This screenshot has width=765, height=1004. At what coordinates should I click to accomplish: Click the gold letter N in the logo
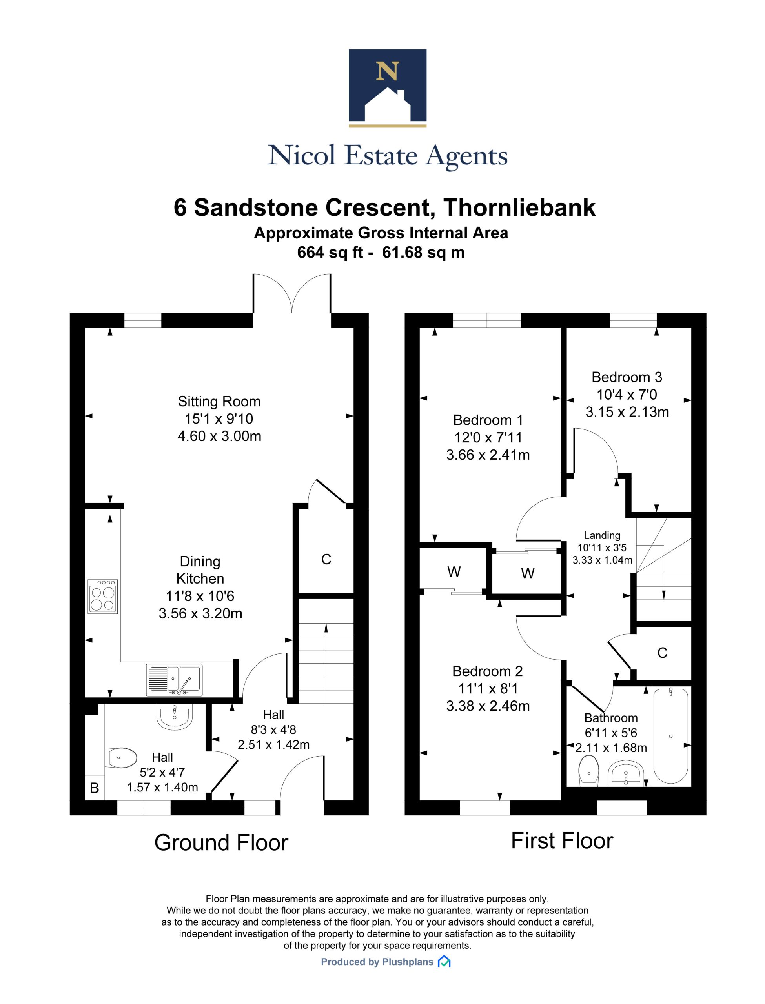tap(388, 71)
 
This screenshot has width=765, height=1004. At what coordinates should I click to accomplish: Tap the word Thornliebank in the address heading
tap(519, 207)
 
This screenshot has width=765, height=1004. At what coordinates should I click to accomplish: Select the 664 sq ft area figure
tap(330, 252)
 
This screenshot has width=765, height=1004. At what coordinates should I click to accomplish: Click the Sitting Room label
tap(219, 402)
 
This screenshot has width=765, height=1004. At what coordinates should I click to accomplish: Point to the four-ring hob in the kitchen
tap(103, 596)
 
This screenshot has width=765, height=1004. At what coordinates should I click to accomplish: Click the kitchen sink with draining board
tap(173, 680)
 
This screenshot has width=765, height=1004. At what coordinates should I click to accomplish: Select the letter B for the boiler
tap(95, 788)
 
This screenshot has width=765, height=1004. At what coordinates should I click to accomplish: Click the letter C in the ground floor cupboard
tap(326, 559)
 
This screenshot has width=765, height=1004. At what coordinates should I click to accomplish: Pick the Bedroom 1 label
tap(488, 420)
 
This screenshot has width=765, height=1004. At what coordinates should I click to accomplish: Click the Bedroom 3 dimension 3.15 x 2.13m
tap(627, 412)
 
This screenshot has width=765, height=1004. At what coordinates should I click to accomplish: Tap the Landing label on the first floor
tap(602, 536)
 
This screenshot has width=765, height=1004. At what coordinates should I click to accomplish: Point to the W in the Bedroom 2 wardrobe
tap(454, 572)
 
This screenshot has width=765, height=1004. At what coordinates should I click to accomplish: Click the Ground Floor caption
tap(221, 843)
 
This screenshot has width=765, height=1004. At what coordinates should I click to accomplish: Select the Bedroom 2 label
tap(488, 671)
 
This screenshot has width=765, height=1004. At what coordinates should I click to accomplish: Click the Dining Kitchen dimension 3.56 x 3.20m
tap(200, 613)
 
